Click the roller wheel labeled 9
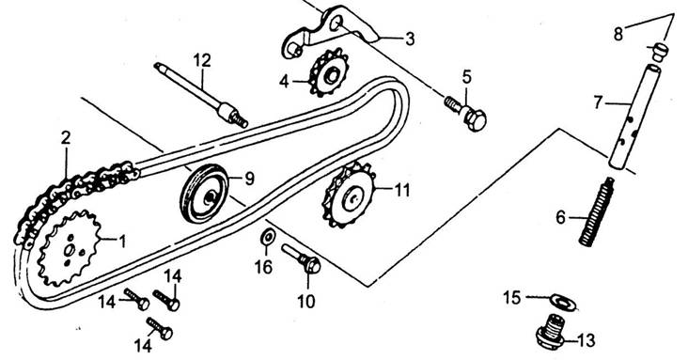(205, 194)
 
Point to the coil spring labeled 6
(597, 211)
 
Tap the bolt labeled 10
(302, 259)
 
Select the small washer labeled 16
(267, 237)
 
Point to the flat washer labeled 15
(563, 302)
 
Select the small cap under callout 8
(658, 52)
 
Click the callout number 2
(66, 139)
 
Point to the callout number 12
(202, 60)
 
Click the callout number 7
(599, 102)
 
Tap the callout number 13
(586, 340)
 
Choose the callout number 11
(402, 191)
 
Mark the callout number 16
(263, 267)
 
